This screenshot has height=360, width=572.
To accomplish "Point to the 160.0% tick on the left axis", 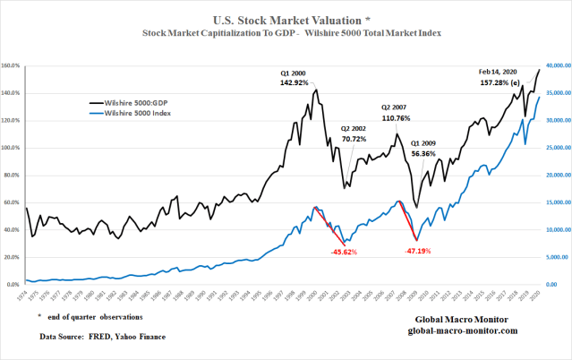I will [x=12, y=66].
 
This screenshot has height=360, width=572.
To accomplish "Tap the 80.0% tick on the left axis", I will [x=12, y=176].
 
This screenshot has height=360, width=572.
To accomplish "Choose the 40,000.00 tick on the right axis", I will [x=556, y=66].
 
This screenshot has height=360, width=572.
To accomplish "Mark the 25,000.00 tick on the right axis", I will [x=556, y=148].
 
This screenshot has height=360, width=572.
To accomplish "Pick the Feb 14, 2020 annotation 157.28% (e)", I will [x=500, y=82].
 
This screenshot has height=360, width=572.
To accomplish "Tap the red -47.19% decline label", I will [x=413, y=253].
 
